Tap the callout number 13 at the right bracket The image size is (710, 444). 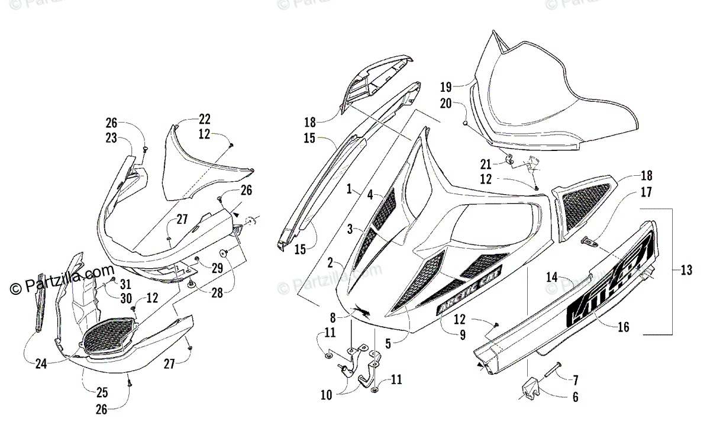pyautogui.click(x=686, y=271)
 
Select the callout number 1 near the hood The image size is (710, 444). pyautogui.click(x=350, y=190)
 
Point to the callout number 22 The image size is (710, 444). pyautogui.click(x=204, y=119)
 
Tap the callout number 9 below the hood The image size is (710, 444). pyautogui.click(x=461, y=334)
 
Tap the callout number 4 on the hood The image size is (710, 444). pyautogui.click(x=369, y=194)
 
